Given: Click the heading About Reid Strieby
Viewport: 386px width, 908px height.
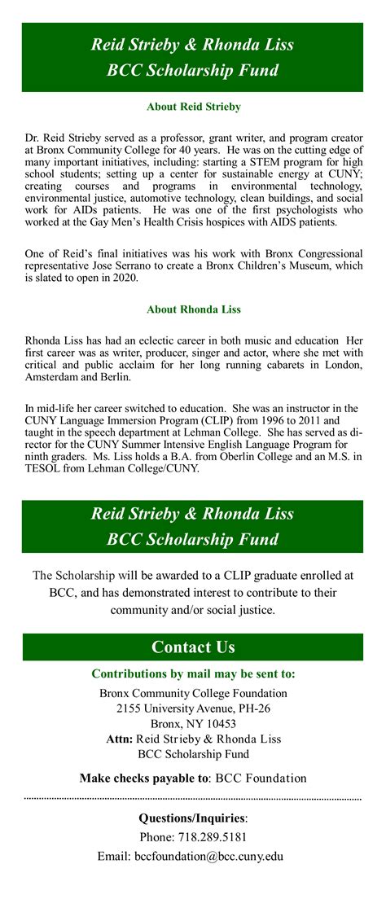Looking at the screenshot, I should [193, 107].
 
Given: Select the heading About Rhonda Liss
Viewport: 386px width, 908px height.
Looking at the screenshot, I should [193, 309].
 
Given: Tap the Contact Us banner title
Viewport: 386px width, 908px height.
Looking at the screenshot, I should [193, 647].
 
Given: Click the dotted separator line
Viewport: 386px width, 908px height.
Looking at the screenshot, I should [193, 799].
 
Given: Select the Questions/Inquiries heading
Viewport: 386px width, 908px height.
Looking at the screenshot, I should [193, 818].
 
